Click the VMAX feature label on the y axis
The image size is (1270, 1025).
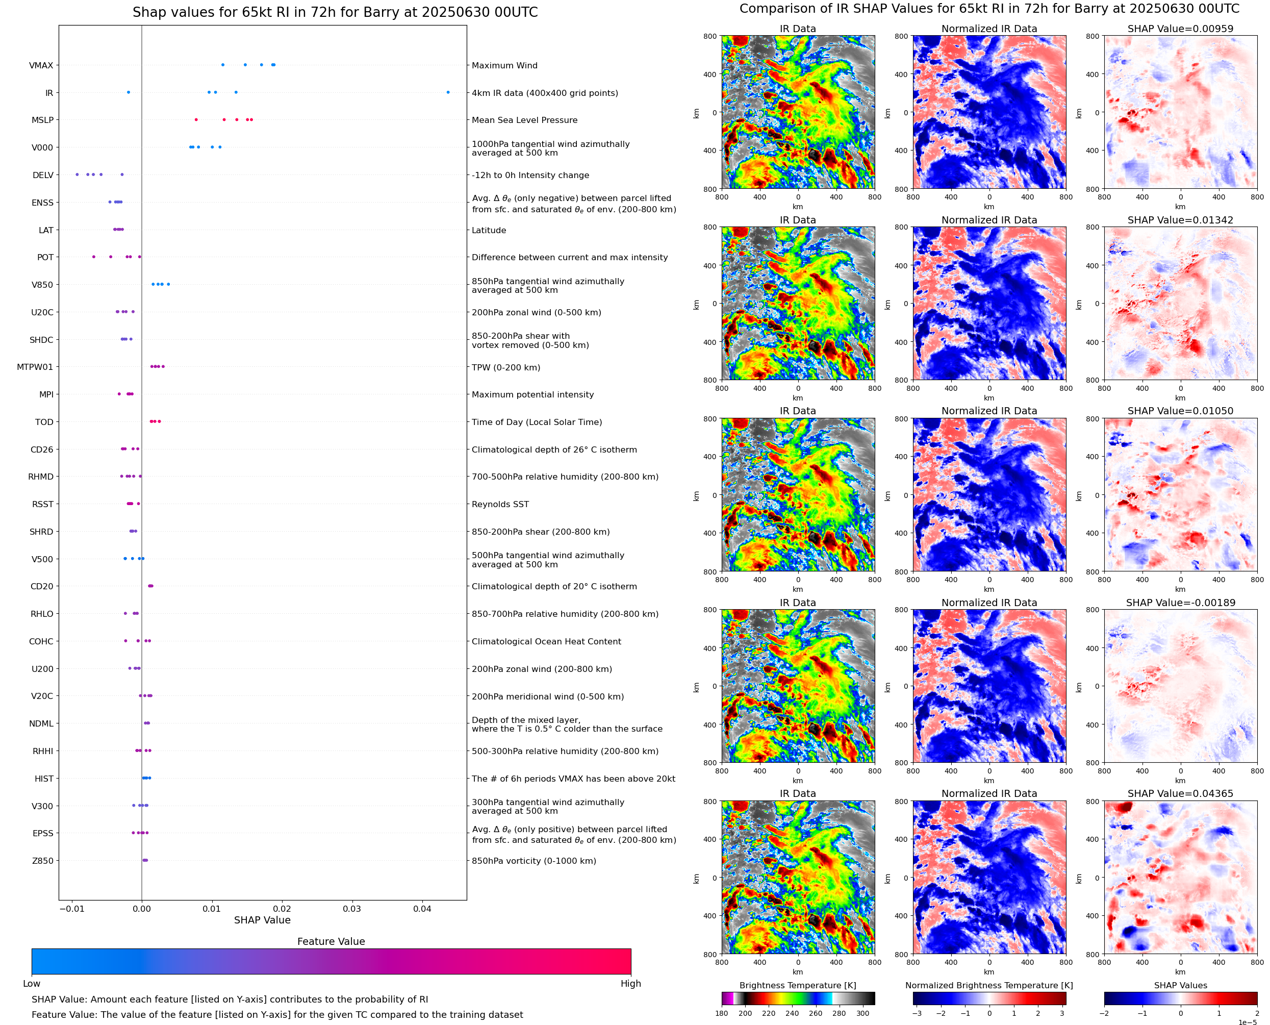point(41,65)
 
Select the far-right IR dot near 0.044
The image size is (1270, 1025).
point(448,92)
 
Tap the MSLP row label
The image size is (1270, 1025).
point(42,120)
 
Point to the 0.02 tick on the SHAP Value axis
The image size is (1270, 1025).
point(282,909)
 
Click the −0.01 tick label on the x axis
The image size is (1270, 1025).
point(71,909)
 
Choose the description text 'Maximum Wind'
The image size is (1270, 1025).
point(504,65)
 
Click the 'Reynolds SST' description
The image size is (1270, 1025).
point(500,504)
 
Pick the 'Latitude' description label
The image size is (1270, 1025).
point(489,230)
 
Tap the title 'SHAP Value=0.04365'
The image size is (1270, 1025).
point(1180,793)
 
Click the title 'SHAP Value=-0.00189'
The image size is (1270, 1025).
point(1180,603)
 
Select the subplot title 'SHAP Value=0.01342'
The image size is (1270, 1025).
point(1180,220)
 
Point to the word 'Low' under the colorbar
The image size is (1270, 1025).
point(31,984)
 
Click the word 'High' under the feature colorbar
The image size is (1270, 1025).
point(630,984)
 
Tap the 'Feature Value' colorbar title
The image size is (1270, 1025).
point(331,942)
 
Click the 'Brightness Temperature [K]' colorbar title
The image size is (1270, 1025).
point(797,985)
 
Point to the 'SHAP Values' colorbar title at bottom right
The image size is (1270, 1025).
point(1180,985)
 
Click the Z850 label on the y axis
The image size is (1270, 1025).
point(42,861)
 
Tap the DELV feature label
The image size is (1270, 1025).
point(42,176)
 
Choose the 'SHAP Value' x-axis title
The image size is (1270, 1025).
point(262,920)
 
